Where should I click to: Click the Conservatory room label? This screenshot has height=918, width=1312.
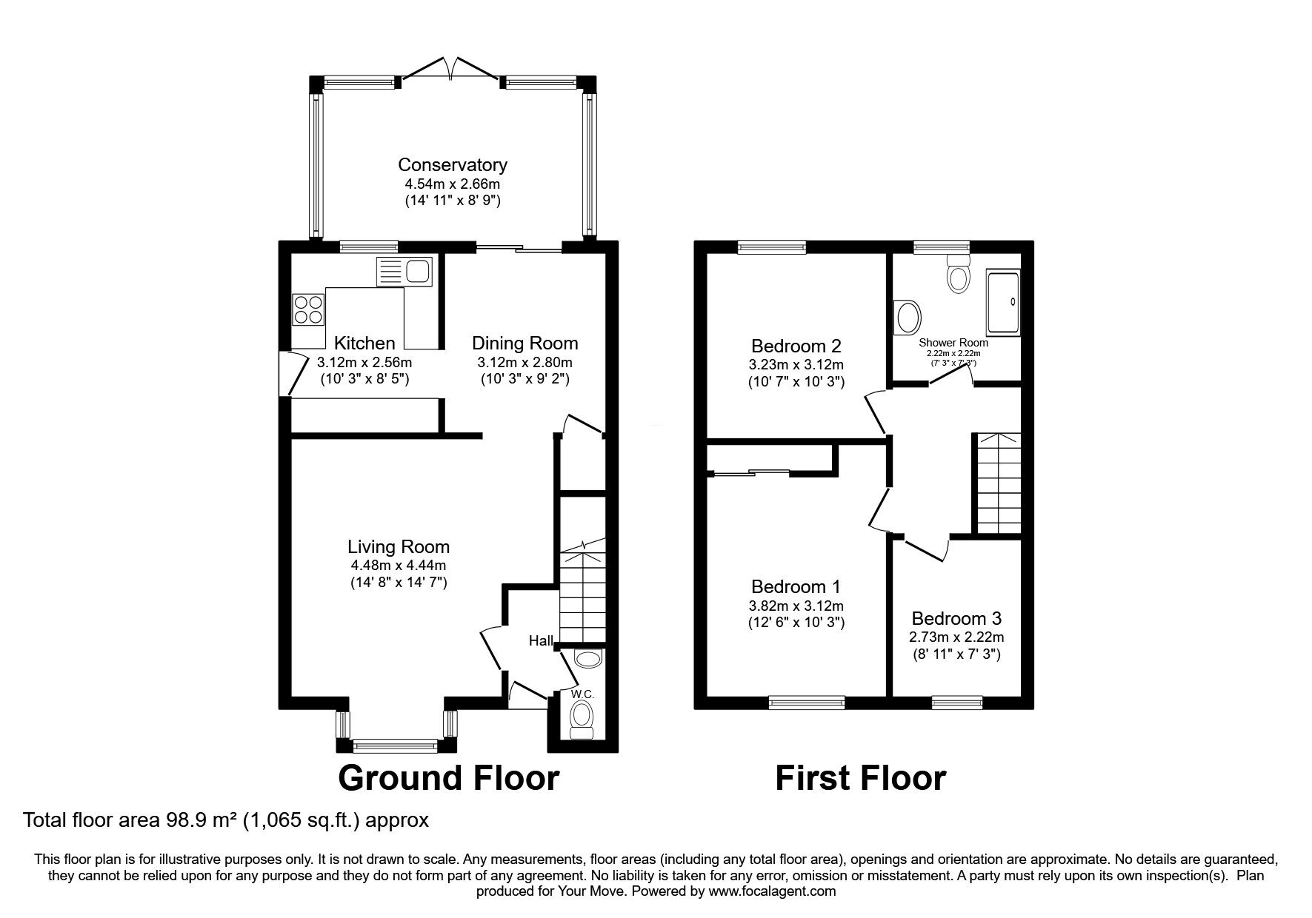tap(452, 164)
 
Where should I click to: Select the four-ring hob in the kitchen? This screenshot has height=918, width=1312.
tap(309, 309)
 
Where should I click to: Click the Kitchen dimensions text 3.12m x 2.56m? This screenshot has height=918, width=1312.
tap(364, 362)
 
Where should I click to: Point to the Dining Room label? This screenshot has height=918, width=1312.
tap(525, 343)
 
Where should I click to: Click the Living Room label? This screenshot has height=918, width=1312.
tap(399, 546)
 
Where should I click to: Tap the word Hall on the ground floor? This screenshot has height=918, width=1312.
tap(541, 640)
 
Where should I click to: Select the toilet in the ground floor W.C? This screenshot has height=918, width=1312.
tap(582, 717)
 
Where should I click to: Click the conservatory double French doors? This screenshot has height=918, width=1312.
tap(451, 69)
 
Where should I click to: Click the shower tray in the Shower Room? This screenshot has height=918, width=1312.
tap(1003, 302)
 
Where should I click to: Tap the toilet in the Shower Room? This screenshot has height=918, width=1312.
tap(959, 275)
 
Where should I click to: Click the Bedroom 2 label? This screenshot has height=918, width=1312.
tap(796, 346)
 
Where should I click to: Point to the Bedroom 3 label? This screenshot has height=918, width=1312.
tap(956, 618)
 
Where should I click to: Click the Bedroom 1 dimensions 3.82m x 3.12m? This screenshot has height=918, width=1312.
tap(796, 606)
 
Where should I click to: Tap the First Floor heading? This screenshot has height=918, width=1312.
tap(860, 778)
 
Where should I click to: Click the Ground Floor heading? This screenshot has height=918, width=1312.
tap(448, 778)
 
